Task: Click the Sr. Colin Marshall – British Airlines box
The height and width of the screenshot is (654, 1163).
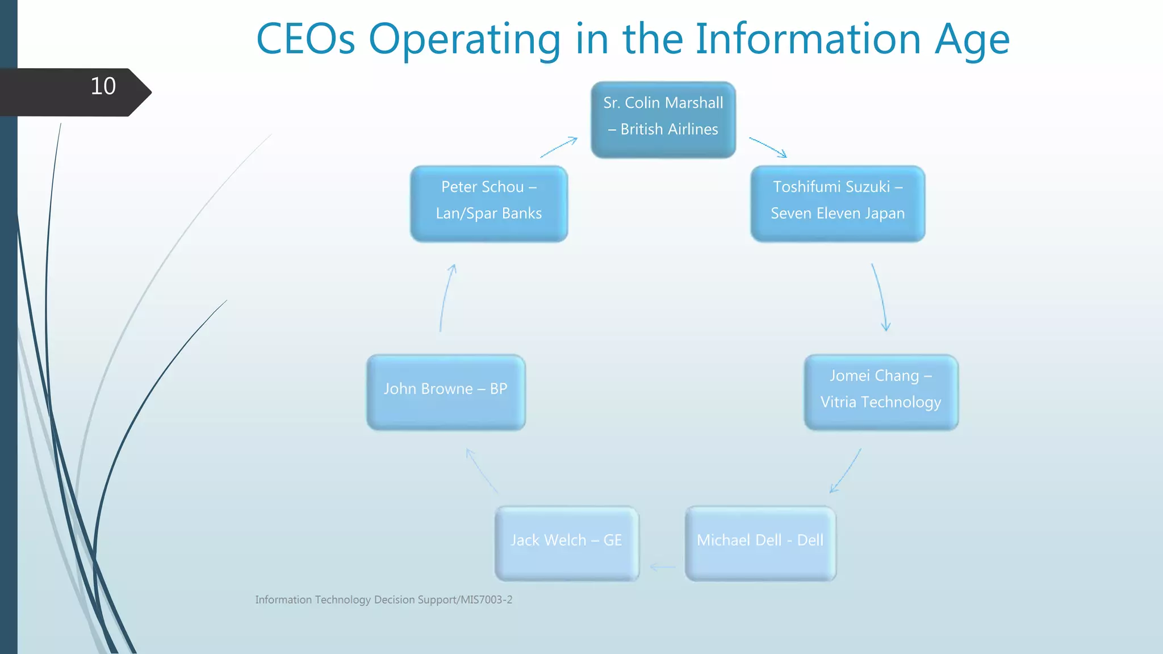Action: [663, 119]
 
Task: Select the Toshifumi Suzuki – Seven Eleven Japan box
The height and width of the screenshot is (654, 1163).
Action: [838, 203]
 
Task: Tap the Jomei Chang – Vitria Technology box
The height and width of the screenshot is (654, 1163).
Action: [881, 392]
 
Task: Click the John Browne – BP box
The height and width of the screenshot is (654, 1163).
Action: [446, 392]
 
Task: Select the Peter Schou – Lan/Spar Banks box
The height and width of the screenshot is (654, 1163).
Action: [489, 203]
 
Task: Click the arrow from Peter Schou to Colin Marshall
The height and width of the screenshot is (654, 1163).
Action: [559, 148]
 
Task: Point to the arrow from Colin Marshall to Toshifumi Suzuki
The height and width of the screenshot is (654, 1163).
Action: [768, 147]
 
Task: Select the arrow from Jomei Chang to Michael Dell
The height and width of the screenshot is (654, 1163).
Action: [846, 471]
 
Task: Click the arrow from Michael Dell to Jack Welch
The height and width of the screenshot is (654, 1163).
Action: [662, 567]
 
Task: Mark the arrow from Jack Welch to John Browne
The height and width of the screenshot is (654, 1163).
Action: [482, 471]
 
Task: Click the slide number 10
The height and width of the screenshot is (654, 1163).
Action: [103, 86]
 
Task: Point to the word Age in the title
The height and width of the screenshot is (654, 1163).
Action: [972, 40]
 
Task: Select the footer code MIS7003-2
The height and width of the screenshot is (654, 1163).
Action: [486, 599]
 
